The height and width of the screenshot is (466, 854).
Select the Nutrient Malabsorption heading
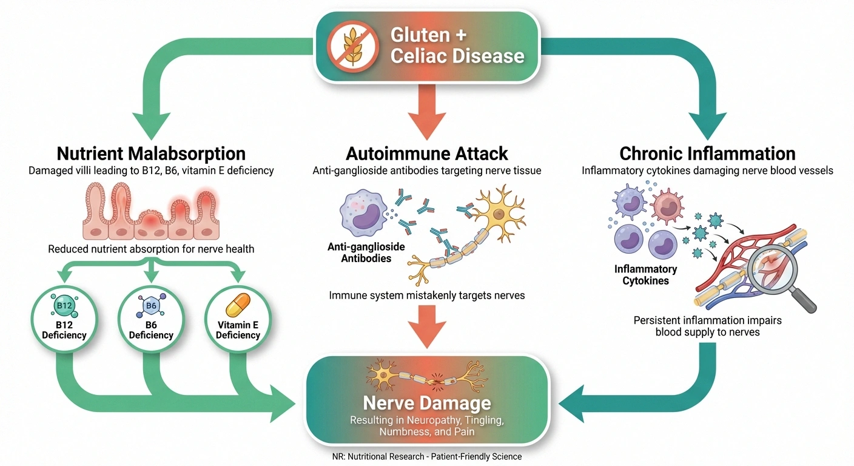(151, 153)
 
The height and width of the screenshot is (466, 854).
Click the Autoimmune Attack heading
(426, 153)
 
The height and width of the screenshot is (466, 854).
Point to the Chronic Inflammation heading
(707, 153)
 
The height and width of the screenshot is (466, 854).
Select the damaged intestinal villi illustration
(151, 212)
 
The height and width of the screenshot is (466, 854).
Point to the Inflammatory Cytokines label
(645, 274)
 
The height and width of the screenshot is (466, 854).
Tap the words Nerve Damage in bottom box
(426, 404)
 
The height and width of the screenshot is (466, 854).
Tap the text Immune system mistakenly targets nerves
(426, 296)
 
